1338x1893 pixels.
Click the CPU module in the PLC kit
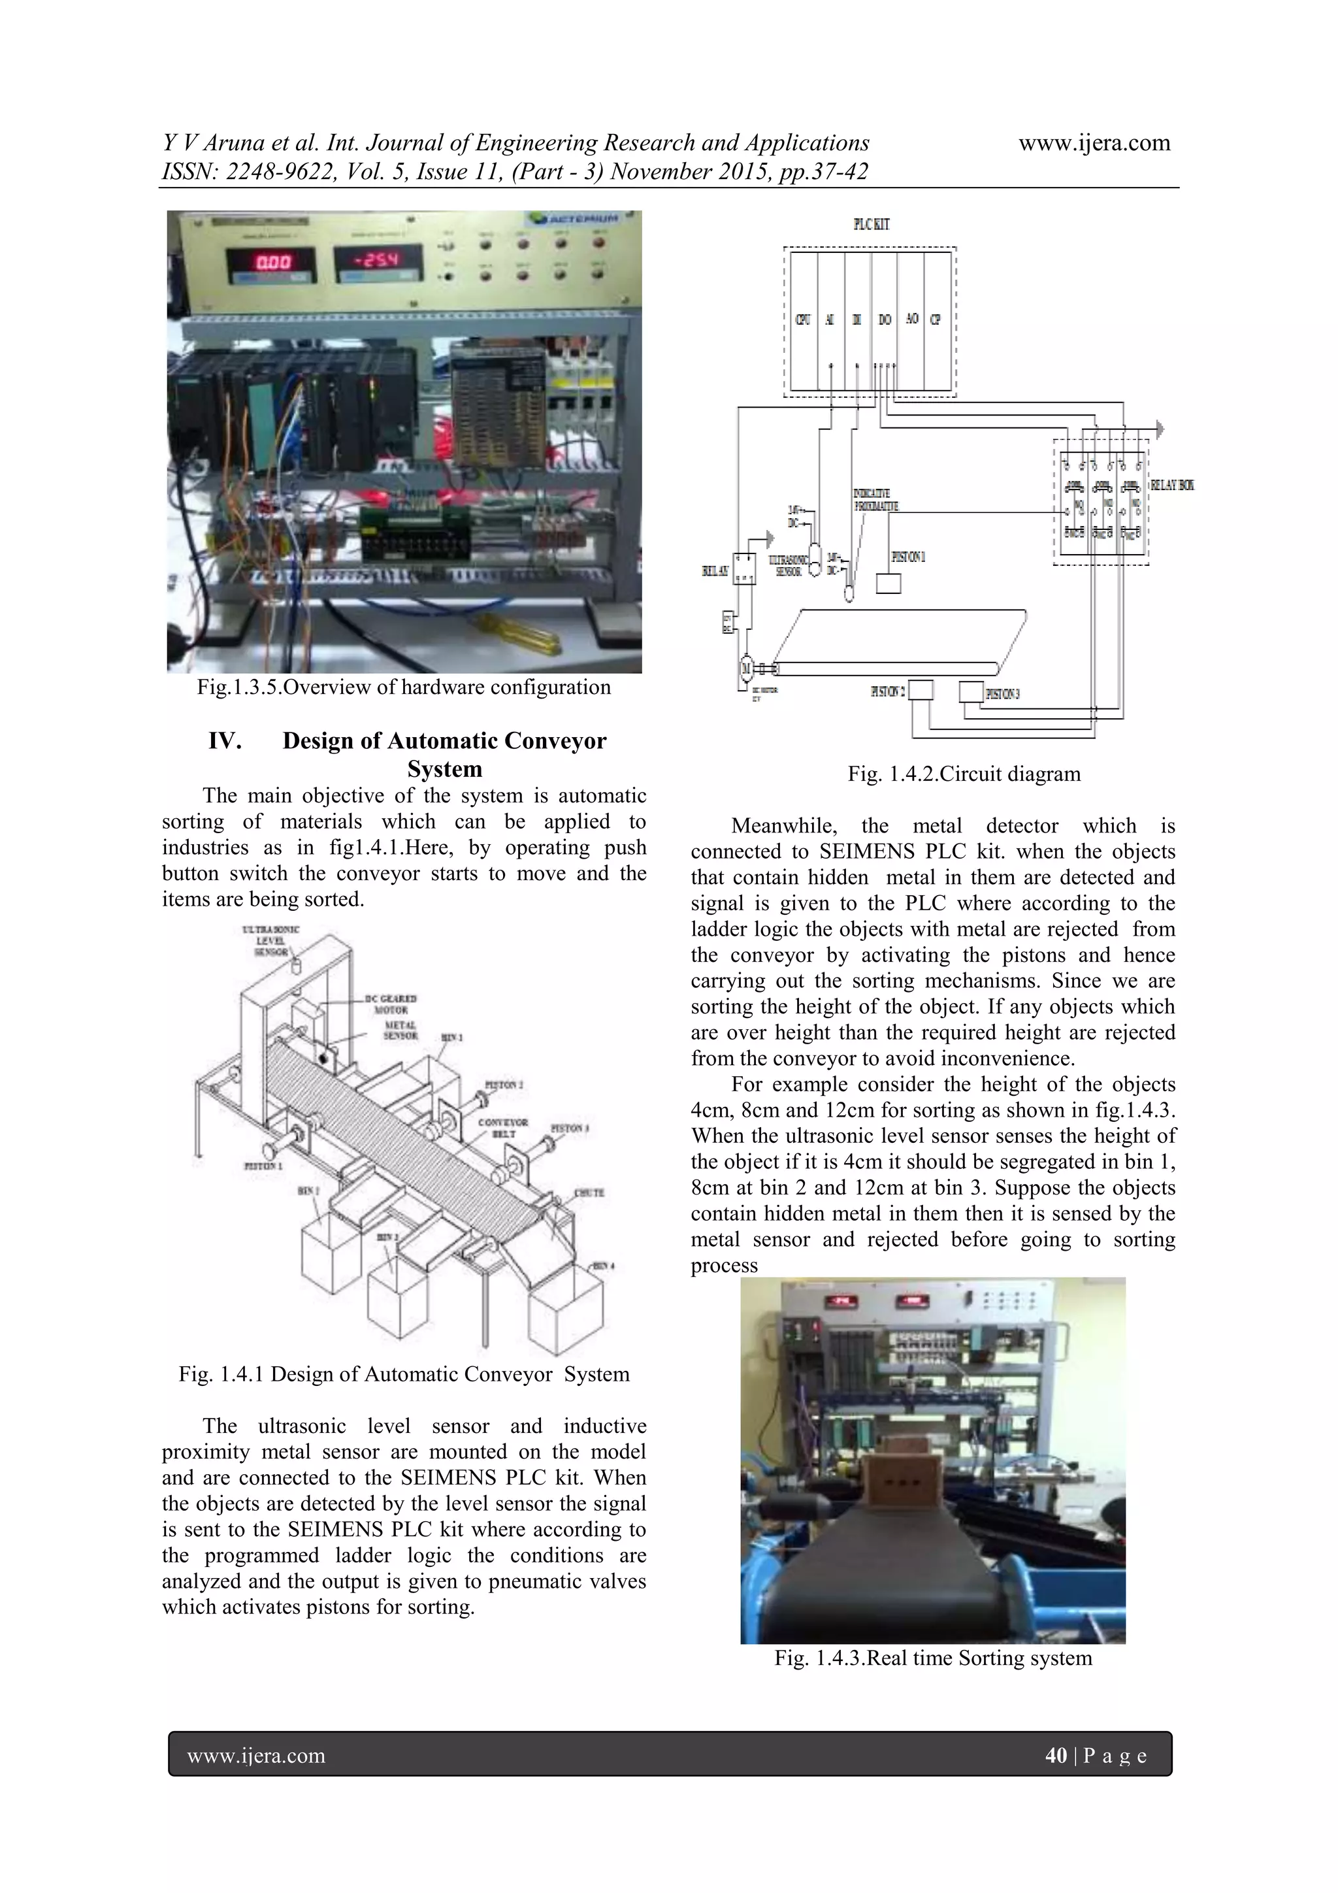[802, 320]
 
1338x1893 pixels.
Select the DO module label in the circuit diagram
[885, 320]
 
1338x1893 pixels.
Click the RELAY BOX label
[1171, 485]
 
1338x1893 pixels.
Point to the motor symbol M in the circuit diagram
[747, 667]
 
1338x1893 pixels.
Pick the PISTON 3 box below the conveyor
[971, 691]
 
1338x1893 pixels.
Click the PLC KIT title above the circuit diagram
[871, 224]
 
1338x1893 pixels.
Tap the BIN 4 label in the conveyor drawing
[602, 1266]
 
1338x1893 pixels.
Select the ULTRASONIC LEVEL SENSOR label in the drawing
[270, 940]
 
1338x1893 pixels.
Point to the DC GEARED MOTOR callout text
[391, 1004]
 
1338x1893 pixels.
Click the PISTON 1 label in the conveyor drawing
[263, 1166]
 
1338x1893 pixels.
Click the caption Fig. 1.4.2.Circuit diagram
[964, 774]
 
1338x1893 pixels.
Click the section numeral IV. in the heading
[224, 740]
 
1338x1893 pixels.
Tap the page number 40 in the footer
[1055, 1755]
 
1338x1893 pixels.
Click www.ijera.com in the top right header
[1094, 142]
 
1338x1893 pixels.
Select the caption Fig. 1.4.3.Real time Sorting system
[932, 1658]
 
